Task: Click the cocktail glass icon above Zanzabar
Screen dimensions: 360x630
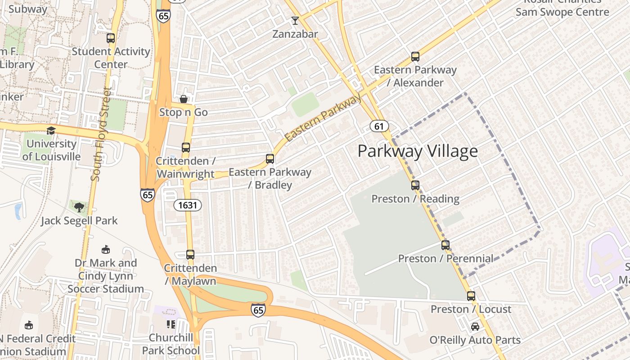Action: click(295, 20)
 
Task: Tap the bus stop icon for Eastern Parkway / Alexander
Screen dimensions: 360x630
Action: click(415, 57)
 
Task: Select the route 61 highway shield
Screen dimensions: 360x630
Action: click(379, 126)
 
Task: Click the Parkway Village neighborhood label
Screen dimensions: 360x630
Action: click(417, 151)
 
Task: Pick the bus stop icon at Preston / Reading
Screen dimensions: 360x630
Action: click(415, 185)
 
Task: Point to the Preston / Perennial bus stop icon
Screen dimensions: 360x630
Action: click(445, 245)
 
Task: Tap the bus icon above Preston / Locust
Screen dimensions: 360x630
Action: click(471, 296)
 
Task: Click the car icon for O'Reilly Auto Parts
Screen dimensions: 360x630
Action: click(475, 327)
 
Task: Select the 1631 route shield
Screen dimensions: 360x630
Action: click(187, 205)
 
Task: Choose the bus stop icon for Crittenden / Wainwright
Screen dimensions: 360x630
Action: click(185, 147)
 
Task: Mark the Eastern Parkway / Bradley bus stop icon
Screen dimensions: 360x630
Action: click(270, 158)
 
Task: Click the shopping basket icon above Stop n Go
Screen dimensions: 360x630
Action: click(183, 99)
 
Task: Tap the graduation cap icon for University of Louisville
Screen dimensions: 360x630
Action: click(51, 130)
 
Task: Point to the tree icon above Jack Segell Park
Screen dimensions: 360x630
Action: click(79, 207)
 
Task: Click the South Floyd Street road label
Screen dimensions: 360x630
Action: click(101, 134)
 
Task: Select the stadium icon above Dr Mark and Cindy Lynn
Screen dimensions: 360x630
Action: click(106, 249)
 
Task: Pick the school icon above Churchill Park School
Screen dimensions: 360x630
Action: click(171, 324)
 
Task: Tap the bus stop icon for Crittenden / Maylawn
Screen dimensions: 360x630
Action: click(190, 255)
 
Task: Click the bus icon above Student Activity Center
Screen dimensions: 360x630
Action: click(110, 38)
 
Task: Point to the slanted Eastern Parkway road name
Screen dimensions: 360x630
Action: click(323, 118)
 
